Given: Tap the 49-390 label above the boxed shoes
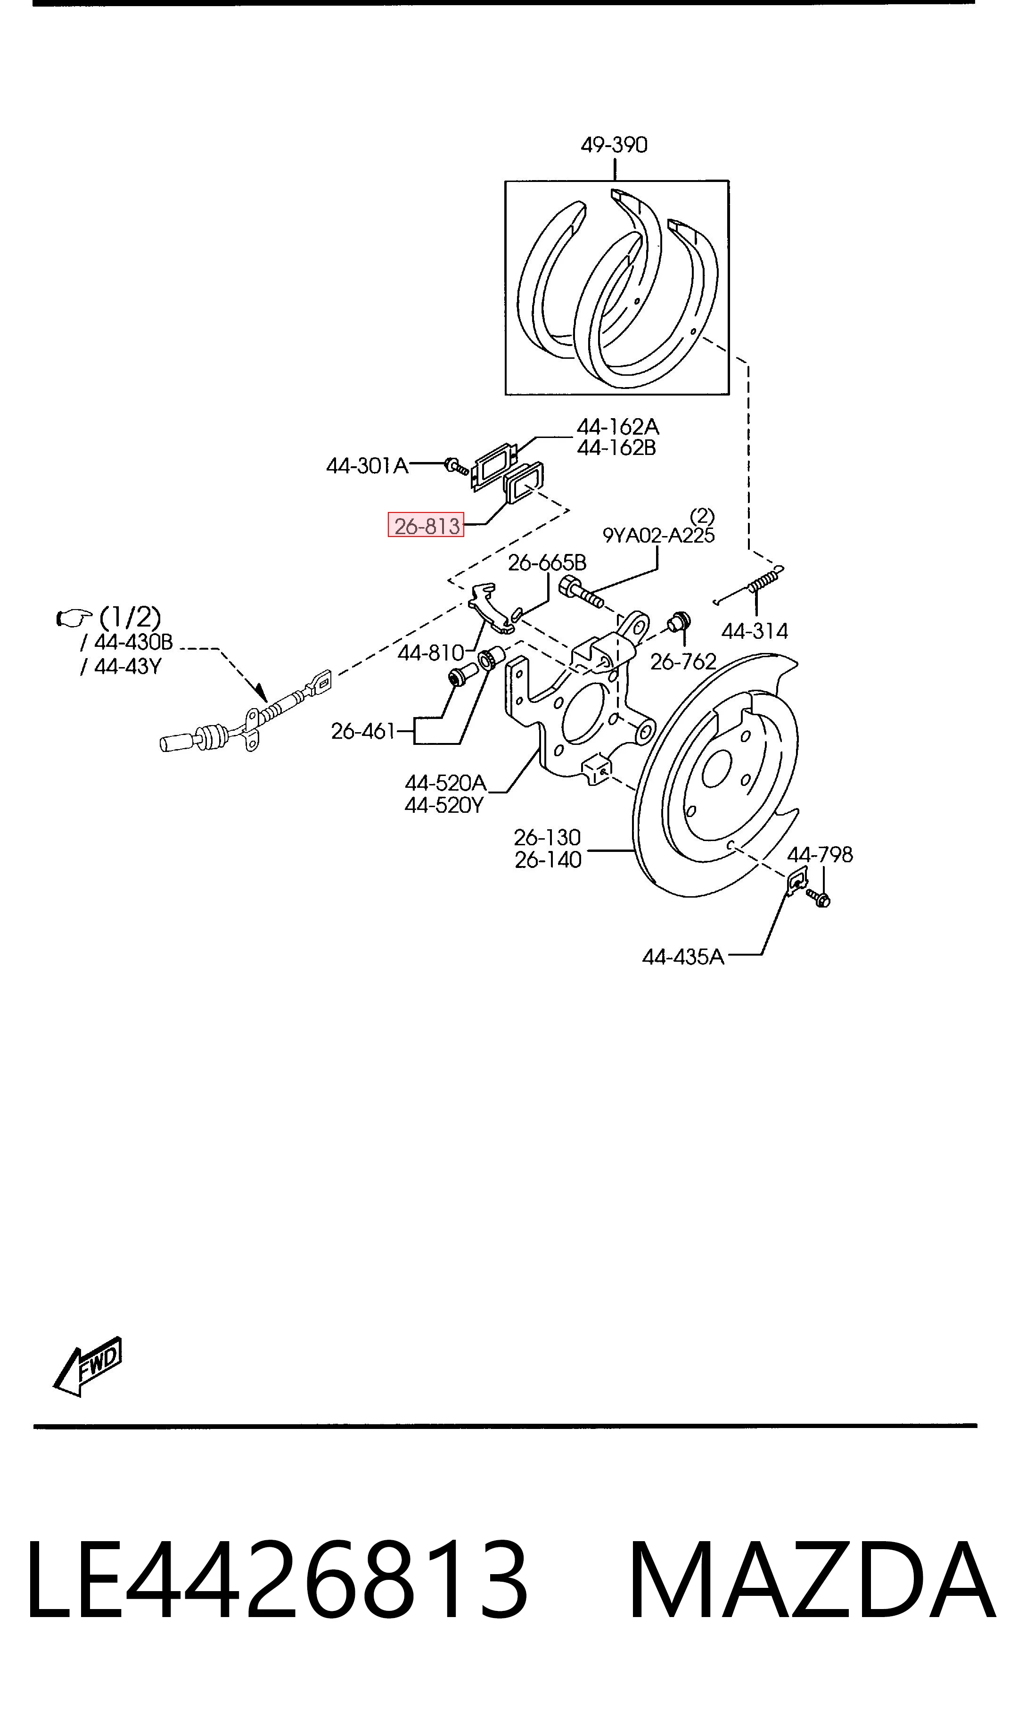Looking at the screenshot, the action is [614, 145].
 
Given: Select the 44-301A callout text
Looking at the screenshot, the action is [367, 466].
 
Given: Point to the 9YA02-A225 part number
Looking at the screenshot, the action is [658, 535].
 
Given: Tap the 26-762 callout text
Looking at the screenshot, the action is [682, 661].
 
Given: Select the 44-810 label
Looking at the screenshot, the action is [431, 652].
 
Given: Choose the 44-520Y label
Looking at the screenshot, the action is [444, 805].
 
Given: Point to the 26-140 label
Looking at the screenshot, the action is [548, 859].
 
